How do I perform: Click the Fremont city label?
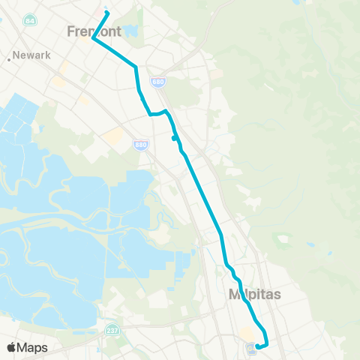pyautogui.click(x=93, y=31)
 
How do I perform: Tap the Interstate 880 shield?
pyautogui.click(x=141, y=144)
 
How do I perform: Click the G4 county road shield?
pyautogui.click(x=250, y=347)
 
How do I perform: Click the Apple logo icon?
pyautogui.click(x=12, y=347)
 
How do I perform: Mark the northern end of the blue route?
pyautogui.click(x=107, y=13)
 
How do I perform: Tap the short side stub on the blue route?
pyautogui.click(x=174, y=137)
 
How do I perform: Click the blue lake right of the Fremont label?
pyautogui.click(x=132, y=31)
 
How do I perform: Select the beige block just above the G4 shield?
pyautogui.click(x=247, y=334)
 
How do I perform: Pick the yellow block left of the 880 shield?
pyautogui.click(x=115, y=136)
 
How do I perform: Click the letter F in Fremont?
pyautogui.click(x=72, y=31)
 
